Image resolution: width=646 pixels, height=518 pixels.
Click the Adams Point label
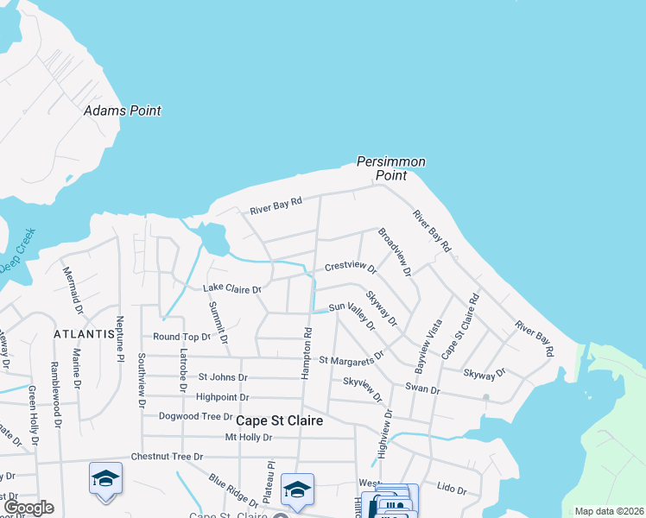point(122,111)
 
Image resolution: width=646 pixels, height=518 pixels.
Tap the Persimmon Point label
point(391,168)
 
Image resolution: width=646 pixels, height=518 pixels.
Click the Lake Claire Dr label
point(231,288)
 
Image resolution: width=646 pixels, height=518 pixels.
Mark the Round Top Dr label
point(181,337)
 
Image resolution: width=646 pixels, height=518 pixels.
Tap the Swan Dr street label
point(422,389)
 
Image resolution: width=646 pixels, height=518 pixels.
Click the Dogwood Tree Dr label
point(197,416)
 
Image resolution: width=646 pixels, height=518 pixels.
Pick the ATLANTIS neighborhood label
point(84,333)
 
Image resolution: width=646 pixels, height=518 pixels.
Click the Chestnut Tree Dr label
point(167,456)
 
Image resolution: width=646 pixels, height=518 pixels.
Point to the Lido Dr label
point(452,490)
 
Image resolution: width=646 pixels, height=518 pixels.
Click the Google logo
point(28,508)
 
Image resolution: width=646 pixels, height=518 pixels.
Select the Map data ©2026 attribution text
point(608,511)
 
